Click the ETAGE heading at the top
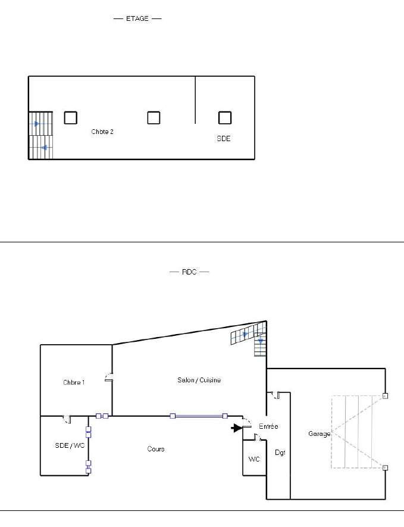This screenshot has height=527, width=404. pyautogui.click(x=137, y=18)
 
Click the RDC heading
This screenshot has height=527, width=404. pyautogui.click(x=189, y=272)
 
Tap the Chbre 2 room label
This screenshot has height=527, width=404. pyautogui.click(x=102, y=132)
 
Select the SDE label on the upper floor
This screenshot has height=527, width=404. pyautogui.click(x=224, y=139)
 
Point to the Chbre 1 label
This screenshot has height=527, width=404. pyautogui.click(x=74, y=382)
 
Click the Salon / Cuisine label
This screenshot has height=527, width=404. pyautogui.click(x=199, y=380)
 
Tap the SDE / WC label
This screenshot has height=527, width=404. pyautogui.click(x=70, y=445)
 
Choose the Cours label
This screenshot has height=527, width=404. pyautogui.click(x=156, y=449)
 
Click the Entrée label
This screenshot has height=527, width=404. pyautogui.click(x=269, y=426)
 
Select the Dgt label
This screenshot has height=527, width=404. pyautogui.click(x=280, y=453)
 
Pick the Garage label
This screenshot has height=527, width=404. pyautogui.click(x=319, y=434)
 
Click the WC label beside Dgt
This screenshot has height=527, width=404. pyautogui.click(x=254, y=459)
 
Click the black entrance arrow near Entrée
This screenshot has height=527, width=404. pyautogui.click(x=237, y=428)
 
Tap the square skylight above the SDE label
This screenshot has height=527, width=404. pyautogui.click(x=225, y=118)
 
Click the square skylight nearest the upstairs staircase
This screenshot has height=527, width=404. pyautogui.click(x=71, y=118)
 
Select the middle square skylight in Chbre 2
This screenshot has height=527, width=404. pyautogui.click(x=154, y=118)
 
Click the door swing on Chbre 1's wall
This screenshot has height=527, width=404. pyautogui.click(x=108, y=378)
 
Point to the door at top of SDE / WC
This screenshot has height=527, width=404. pyautogui.click(x=67, y=419)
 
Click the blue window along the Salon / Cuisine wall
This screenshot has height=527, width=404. pyautogui.click(x=199, y=416)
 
